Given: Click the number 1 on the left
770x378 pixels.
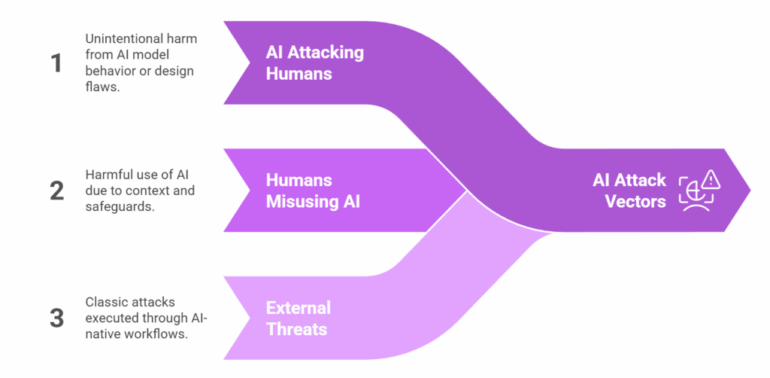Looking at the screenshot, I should click(x=56, y=62).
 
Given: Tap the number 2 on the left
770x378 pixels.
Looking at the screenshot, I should click(x=56, y=191).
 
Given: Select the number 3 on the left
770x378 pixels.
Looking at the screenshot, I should click(x=56, y=317).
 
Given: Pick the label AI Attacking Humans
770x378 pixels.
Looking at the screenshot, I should click(x=314, y=62).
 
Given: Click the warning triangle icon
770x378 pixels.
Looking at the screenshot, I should click(x=709, y=179).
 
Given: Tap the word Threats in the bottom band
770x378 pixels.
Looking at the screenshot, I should click(x=297, y=329).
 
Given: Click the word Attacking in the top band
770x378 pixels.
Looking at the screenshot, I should click(x=326, y=52).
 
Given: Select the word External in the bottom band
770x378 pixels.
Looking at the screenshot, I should click(x=298, y=308).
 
